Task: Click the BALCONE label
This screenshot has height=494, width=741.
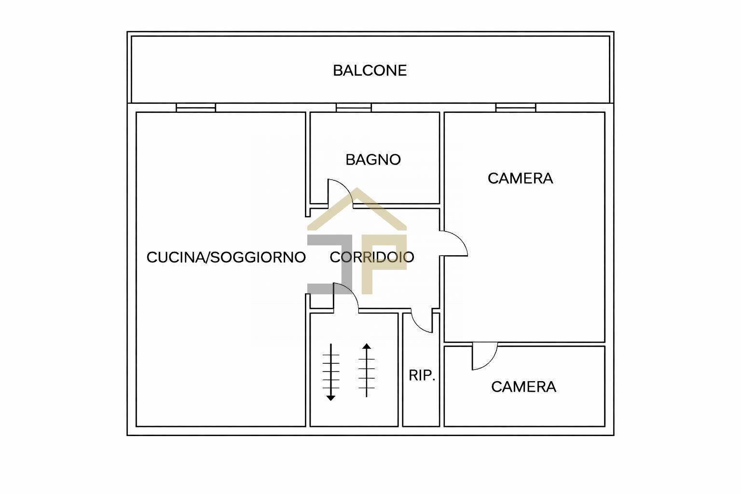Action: [370, 70]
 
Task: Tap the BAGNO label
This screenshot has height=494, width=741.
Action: [373, 160]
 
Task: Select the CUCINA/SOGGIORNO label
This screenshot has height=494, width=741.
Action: [226, 258]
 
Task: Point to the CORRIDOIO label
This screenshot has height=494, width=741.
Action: [372, 257]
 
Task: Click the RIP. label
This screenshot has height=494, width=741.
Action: [422, 375]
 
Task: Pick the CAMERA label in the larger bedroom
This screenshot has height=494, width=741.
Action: [521, 178]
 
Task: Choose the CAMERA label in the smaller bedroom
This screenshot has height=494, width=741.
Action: [523, 387]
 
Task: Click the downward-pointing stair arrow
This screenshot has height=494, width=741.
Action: [331, 372]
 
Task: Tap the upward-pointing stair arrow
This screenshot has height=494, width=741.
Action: [367, 370]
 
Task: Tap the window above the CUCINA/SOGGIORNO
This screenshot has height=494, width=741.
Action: [196, 108]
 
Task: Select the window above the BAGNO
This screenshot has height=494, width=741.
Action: [354, 108]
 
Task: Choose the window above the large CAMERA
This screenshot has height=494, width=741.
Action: [516, 108]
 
